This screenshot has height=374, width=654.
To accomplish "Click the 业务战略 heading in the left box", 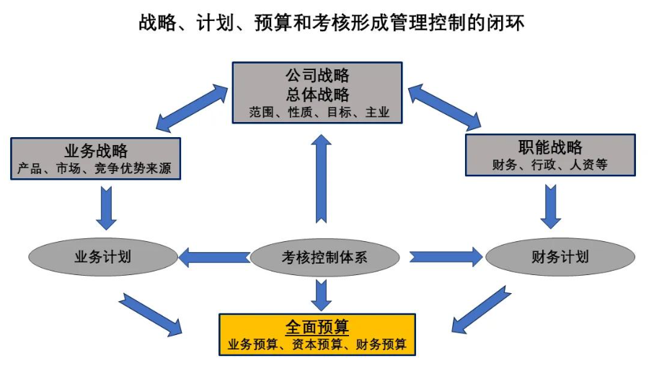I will point(96,150).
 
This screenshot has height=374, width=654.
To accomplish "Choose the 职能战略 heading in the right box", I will point(550,148).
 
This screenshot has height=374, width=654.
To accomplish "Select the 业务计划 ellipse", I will point(102,257).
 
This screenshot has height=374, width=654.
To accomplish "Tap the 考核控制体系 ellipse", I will point(324,257).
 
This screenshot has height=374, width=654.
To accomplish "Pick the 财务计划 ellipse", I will point(560,257).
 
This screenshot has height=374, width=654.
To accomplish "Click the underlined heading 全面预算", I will point(317,326).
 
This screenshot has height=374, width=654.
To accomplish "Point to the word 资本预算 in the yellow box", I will point(317,344).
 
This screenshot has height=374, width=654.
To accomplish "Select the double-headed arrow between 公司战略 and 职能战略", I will point(444,105).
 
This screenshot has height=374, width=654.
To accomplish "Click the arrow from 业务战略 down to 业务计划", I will point(107,208).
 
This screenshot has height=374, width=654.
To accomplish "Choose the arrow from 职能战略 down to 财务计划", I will point(552,206).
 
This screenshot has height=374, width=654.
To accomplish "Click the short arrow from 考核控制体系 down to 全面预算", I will point(322,294).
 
